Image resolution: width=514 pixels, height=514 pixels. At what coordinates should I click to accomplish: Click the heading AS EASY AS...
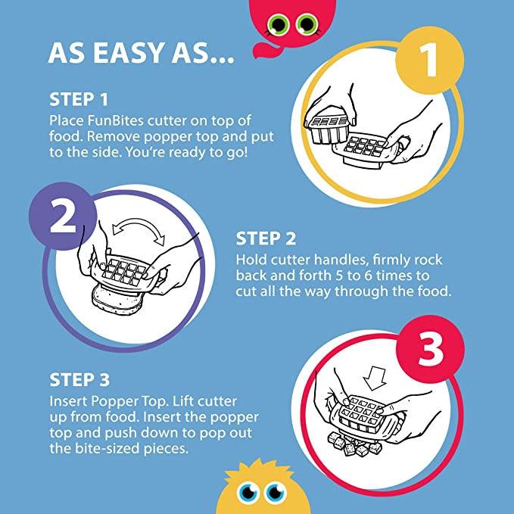141,52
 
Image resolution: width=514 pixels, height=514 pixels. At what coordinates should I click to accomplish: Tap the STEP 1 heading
79,99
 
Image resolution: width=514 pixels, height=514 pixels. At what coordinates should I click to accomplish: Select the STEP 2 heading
266,238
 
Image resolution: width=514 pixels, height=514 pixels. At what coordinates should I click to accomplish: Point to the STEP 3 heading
79,380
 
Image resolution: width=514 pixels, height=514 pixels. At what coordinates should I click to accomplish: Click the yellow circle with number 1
430,61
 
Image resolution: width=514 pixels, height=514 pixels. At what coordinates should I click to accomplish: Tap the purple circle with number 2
63,217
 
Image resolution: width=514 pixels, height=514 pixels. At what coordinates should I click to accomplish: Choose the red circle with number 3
430,349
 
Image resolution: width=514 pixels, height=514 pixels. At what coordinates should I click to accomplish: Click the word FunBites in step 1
115,120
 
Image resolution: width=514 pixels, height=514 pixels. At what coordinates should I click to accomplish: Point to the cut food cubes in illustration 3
355,444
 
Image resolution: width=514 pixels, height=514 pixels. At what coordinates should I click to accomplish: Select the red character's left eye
278,24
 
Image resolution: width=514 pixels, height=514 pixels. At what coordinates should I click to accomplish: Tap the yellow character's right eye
276,493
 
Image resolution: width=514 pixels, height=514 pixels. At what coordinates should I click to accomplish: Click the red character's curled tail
267,50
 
